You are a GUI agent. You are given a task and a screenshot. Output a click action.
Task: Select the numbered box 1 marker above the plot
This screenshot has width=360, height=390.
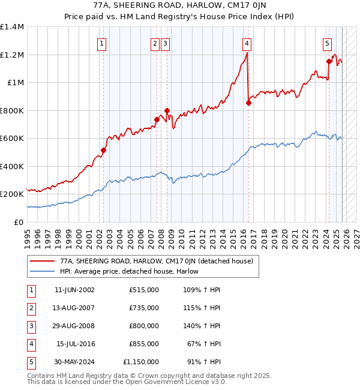(102, 43)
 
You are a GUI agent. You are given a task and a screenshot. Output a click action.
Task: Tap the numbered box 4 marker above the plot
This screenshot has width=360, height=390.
(247, 43)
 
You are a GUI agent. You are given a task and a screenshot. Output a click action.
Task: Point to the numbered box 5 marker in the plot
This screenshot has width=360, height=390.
(327, 43)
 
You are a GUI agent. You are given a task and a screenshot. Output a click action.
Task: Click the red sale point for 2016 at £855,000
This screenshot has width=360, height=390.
(248, 103)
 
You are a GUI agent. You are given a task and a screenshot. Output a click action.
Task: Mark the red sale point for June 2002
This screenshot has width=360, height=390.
(103, 151)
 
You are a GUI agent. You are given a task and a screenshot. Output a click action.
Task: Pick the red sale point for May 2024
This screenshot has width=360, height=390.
(329, 61)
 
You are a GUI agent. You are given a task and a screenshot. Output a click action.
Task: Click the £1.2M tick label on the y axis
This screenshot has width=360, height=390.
(12, 55)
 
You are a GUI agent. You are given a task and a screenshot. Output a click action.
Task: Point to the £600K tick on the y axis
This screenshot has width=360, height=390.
(12, 139)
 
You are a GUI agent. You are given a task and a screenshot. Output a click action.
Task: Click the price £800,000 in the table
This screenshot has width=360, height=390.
(143, 326)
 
